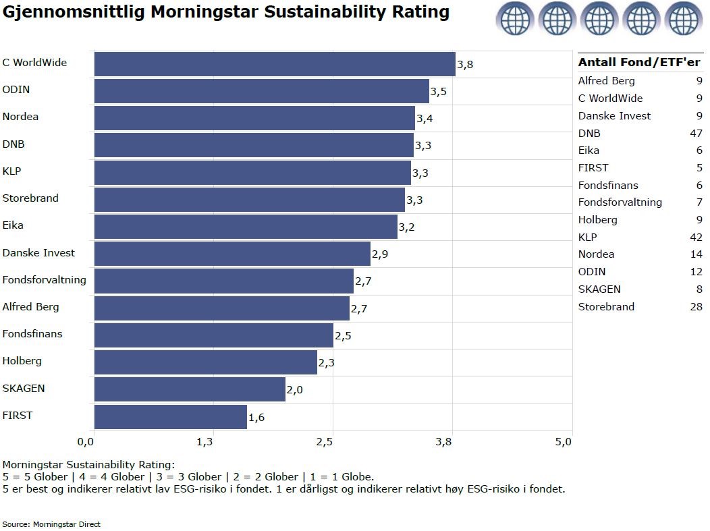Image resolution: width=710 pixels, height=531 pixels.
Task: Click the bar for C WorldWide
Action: tap(275, 64)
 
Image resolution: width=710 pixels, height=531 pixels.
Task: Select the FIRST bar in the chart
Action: tap(171, 417)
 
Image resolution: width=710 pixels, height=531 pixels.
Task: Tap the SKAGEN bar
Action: tap(190, 389)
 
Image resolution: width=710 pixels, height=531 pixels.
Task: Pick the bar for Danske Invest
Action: tap(232, 254)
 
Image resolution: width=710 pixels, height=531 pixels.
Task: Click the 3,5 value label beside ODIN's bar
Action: tap(439, 92)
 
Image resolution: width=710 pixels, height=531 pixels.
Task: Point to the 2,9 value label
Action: tap(380, 254)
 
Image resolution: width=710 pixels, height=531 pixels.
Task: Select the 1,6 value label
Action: tap(256, 418)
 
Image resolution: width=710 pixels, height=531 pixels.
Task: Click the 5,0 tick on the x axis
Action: tap(564, 442)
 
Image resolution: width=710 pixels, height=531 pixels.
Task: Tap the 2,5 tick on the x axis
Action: tap(325, 442)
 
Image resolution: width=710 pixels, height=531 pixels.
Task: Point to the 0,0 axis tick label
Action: tap(86, 442)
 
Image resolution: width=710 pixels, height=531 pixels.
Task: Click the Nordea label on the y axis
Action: tap(20, 117)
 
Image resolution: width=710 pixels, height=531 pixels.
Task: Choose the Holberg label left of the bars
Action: tap(22, 361)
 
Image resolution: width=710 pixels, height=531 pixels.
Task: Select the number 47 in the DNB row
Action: tap(695, 134)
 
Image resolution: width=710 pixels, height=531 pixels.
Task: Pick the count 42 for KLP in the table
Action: tap(695, 237)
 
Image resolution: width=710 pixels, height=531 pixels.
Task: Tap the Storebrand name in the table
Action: tap(606, 307)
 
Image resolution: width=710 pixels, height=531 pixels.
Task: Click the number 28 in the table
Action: tap(695, 307)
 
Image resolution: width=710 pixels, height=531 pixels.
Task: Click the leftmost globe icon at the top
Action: tap(515, 18)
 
